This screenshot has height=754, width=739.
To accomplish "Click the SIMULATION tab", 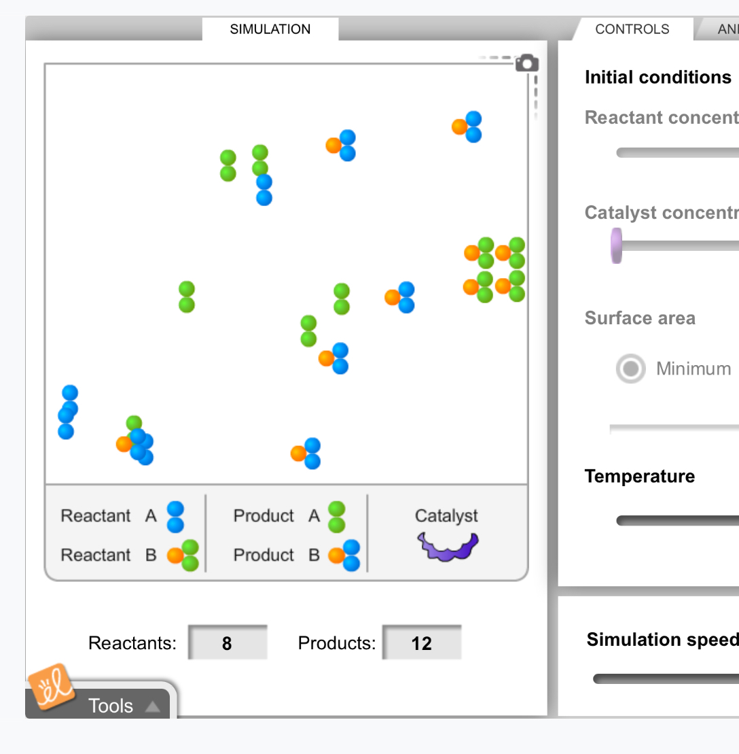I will click(270, 29).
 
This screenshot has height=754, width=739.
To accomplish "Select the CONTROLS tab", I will click(632, 29).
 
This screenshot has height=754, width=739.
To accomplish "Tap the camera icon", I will click(527, 63).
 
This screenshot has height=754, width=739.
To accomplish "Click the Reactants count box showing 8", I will click(227, 642).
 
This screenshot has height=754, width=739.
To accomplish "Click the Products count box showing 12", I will click(421, 642).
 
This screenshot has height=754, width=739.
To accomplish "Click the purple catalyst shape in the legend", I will click(448, 546).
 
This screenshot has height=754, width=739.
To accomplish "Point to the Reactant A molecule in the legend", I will click(175, 517).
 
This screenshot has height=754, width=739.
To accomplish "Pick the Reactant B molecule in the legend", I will click(183, 555).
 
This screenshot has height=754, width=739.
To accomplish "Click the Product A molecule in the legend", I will click(336, 517).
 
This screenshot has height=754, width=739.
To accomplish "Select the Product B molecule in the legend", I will click(344, 555).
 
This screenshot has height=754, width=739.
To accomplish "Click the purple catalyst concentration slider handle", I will click(616, 245).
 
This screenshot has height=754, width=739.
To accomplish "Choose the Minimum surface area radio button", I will click(630, 369).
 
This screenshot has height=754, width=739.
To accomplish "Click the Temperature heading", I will click(639, 476).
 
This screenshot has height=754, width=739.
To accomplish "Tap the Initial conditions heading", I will click(657, 78).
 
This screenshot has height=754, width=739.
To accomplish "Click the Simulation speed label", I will click(662, 640).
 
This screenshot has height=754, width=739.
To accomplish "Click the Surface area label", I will click(639, 318).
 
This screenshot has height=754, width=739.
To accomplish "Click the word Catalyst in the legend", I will click(446, 516).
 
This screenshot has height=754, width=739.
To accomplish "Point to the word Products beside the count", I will click(336, 642).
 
